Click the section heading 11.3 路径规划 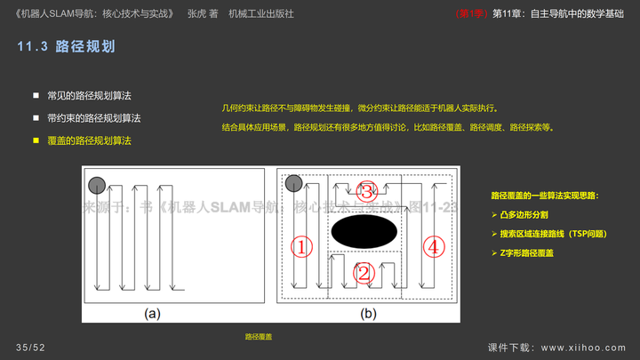pyautogui.click(x=67, y=46)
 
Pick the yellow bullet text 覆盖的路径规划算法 pyautogui.click(x=89, y=140)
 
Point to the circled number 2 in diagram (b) pyautogui.click(x=363, y=273)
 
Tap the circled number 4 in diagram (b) pyautogui.click(x=433, y=247)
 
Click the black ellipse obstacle pyautogui.click(x=364, y=231)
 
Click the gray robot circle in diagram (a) pyautogui.click(x=97, y=184)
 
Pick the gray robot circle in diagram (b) pyautogui.click(x=295, y=184)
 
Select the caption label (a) pyautogui.click(x=152, y=313)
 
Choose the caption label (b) pyautogui.click(x=367, y=313)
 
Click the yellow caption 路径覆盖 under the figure pyautogui.click(x=259, y=337)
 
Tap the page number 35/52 pyautogui.click(x=30, y=347)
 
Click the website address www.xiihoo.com pyautogui.click(x=583, y=347)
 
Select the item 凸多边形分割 pyautogui.click(x=526, y=215)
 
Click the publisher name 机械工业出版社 pyautogui.click(x=261, y=14)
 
